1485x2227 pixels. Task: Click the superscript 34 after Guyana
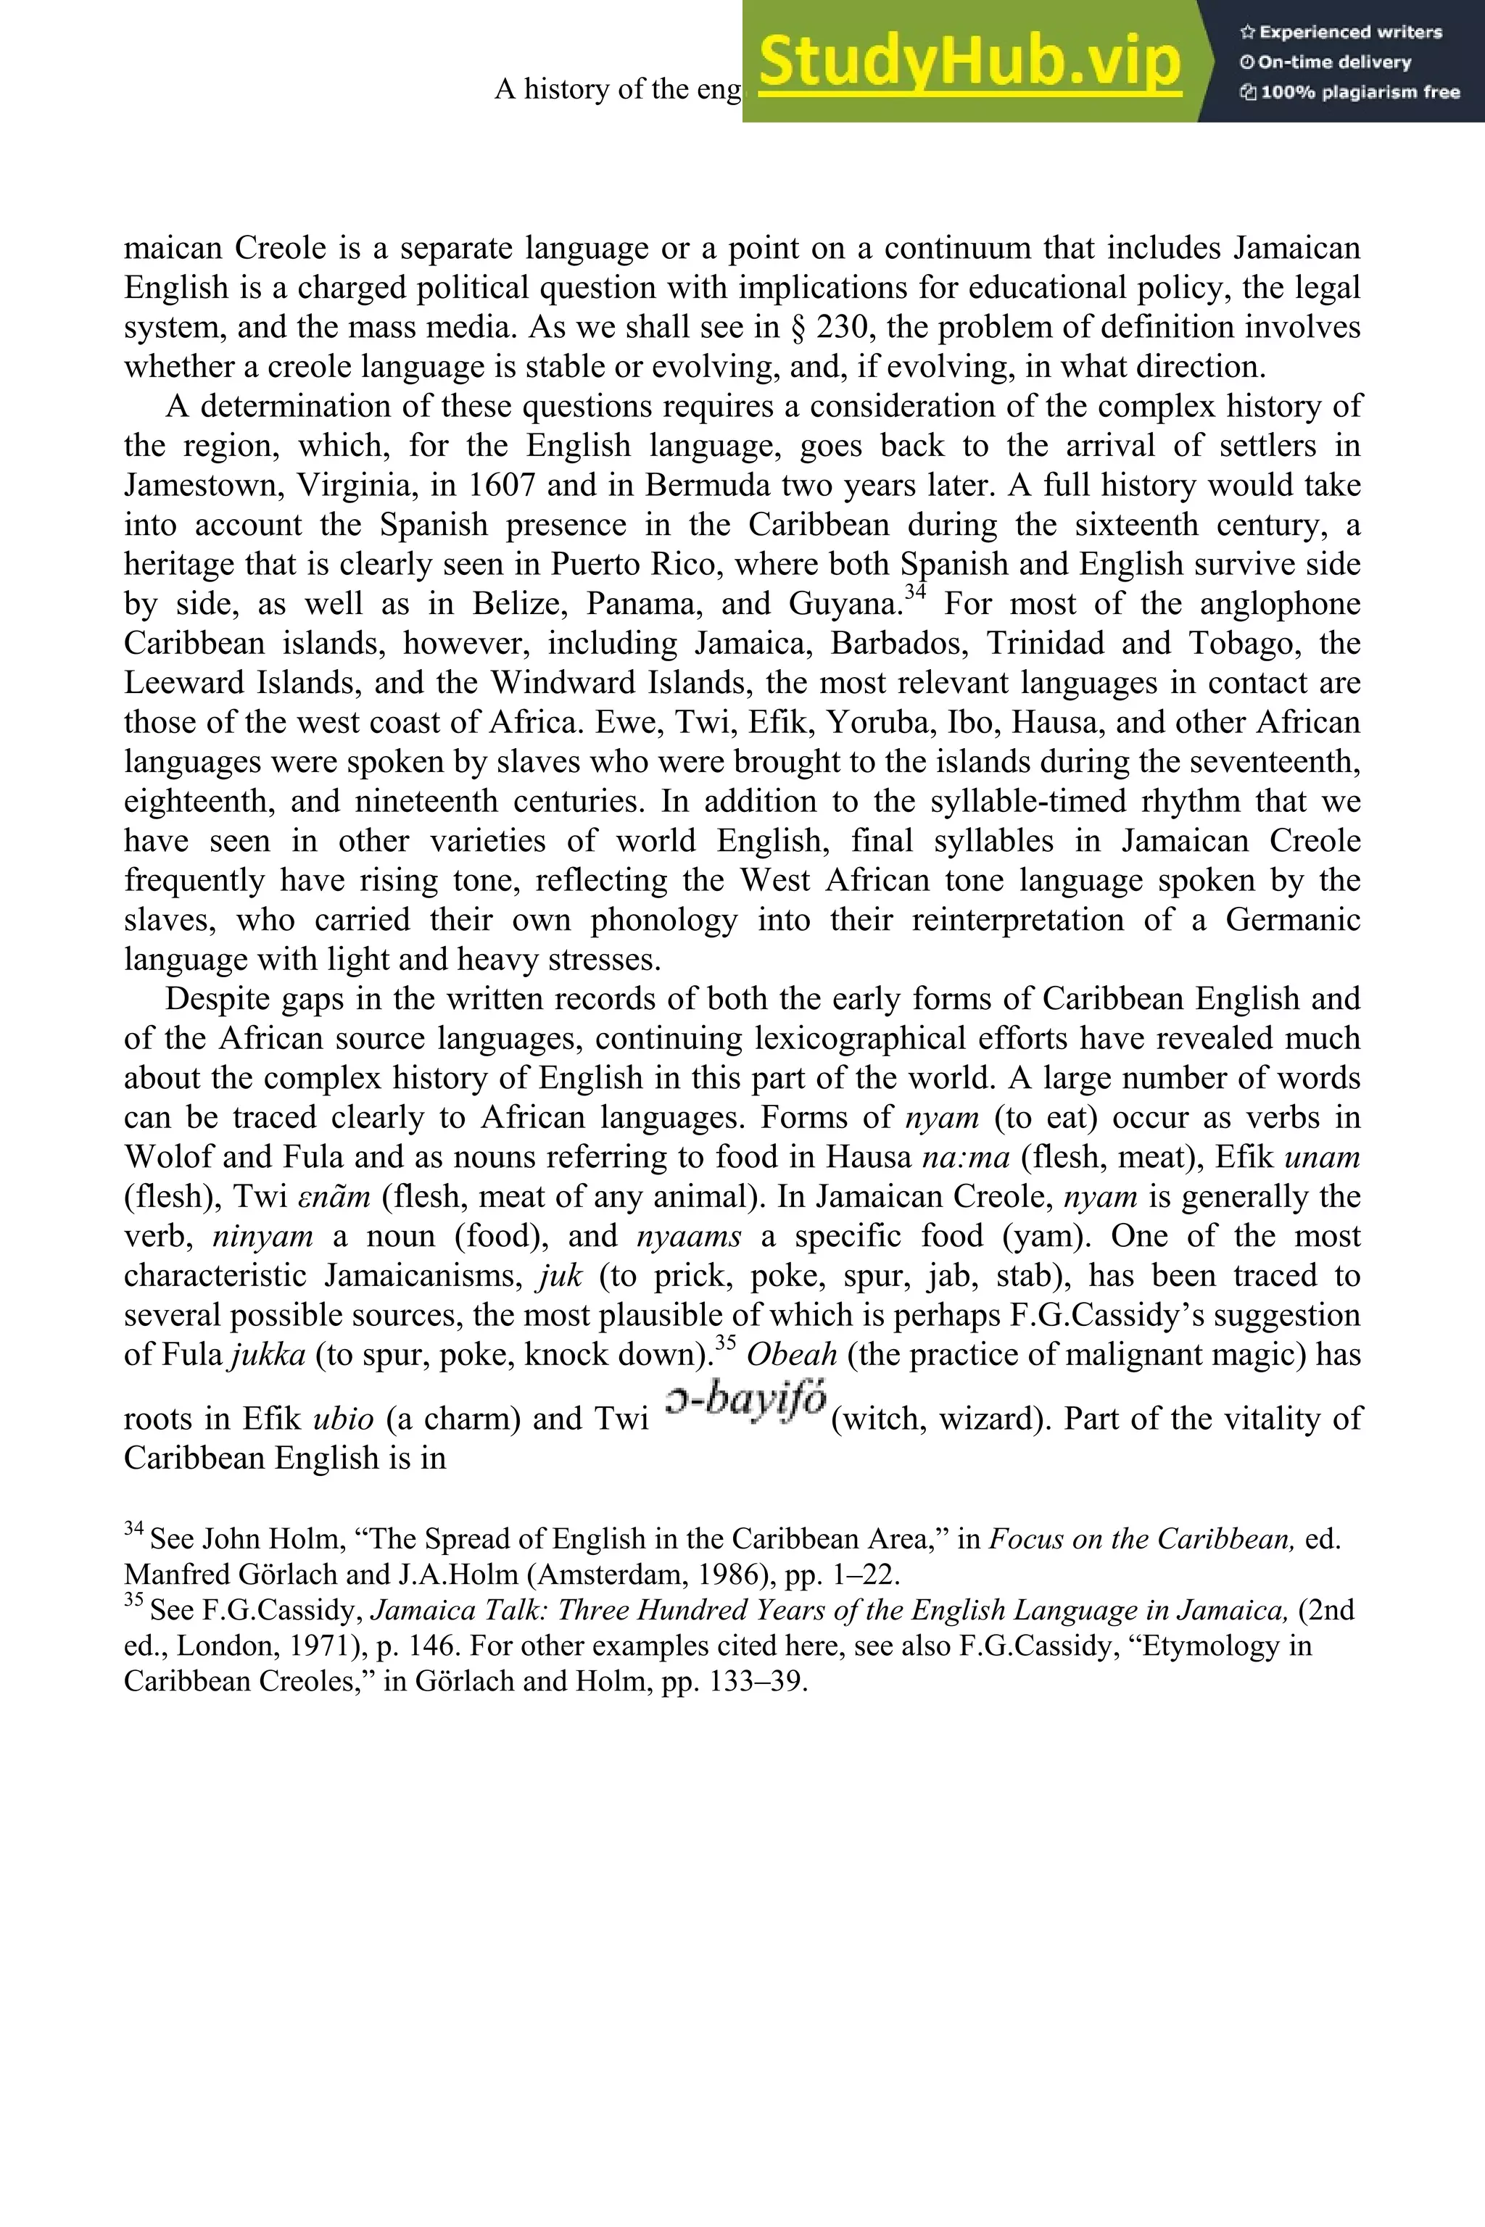click(915, 593)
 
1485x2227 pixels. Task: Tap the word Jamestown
click(203, 485)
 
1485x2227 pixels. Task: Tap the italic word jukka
click(268, 1355)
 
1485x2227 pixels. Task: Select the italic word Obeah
click(792, 1355)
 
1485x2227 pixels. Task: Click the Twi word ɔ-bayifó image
click(745, 1402)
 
